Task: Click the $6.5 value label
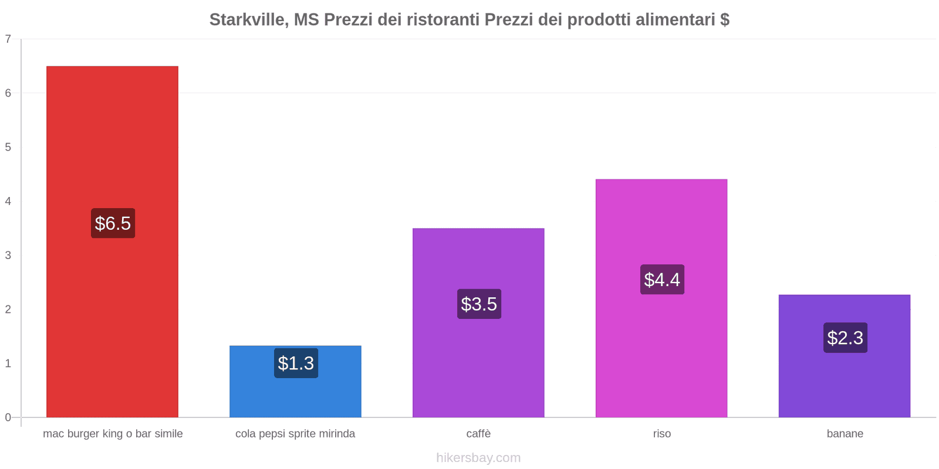click(x=113, y=223)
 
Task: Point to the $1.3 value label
click(x=296, y=363)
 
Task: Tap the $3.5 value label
click(x=479, y=304)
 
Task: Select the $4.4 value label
click(x=662, y=280)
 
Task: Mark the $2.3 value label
click(x=845, y=338)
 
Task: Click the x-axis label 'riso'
click(x=662, y=434)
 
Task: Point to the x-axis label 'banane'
click(x=845, y=434)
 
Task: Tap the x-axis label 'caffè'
click(x=478, y=434)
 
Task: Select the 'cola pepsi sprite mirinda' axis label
click(x=295, y=434)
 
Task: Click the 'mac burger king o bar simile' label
click(x=113, y=434)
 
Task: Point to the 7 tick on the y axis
click(x=8, y=39)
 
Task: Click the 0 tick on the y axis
click(x=8, y=417)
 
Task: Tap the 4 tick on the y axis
click(x=8, y=201)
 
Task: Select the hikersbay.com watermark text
click(x=478, y=458)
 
